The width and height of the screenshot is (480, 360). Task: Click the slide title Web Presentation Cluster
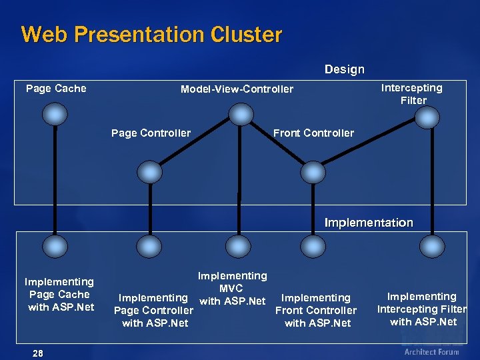click(151, 34)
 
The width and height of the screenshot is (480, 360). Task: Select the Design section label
click(344, 69)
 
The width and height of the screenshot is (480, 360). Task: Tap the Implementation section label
click(368, 223)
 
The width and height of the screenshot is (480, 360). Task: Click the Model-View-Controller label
click(237, 89)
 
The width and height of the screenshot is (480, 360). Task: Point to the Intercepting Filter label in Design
click(411, 94)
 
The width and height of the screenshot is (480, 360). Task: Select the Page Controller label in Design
click(151, 133)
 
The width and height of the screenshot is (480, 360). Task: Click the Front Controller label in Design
click(313, 133)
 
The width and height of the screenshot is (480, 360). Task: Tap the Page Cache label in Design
click(56, 89)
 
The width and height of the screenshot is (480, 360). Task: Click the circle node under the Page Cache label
click(54, 115)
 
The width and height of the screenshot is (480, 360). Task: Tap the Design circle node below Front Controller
click(312, 172)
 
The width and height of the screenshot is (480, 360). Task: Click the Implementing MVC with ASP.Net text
click(231, 289)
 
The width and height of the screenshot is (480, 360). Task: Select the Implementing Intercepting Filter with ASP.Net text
click(422, 309)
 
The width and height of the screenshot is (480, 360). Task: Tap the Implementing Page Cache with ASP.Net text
click(60, 295)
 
